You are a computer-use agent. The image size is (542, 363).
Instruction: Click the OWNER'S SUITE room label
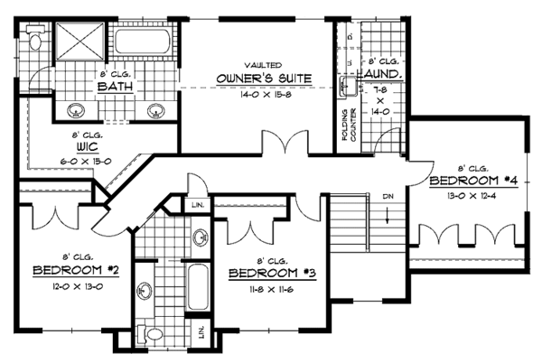tap(264, 79)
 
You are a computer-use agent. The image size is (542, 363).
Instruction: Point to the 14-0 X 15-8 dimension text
tap(264, 92)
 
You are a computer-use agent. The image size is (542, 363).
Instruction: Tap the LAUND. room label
tap(383, 74)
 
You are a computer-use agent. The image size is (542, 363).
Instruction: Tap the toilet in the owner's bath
tap(33, 41)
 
